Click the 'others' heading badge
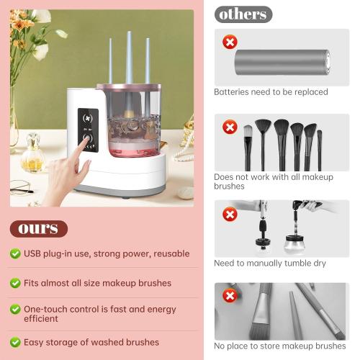click(243, 14)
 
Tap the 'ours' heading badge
click(38, 229)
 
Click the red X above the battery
click(230, 42)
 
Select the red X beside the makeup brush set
click(230, 127)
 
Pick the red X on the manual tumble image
click(230, 214)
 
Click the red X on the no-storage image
click(230, 296)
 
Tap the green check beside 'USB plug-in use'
click(15, 253)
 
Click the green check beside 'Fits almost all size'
click(15, 283)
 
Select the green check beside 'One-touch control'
click(15, 308)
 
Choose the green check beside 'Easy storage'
click(15, 342)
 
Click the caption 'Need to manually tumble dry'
click(269, 264)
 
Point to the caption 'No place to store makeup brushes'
click(279, 346)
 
